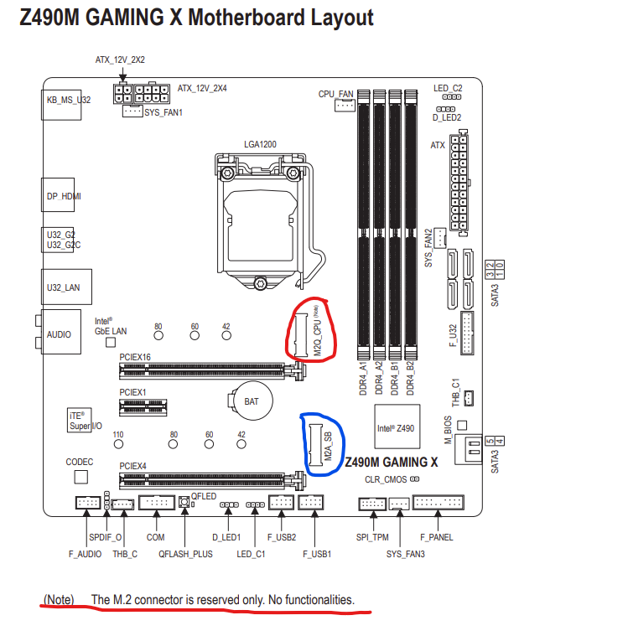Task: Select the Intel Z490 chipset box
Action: click(397, 427)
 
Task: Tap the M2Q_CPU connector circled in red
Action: click(301, 335)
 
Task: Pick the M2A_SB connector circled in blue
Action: click(315, 445)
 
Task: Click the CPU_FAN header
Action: click(345, 106)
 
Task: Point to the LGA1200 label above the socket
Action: click(260, 144)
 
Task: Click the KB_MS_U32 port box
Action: click(61, 105)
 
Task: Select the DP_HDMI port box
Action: click(58, 194)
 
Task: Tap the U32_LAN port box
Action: click(66, 287)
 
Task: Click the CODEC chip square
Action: click(81, 477)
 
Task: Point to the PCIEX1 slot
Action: click(143, 407)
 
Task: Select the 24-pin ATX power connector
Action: click(459, 183)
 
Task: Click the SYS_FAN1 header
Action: click(132, 111)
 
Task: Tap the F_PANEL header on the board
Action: click(438, 503)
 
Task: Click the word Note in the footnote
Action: click(59, 599)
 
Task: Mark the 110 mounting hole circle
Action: click(118, 444)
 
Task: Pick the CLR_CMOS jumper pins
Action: click(414, 479)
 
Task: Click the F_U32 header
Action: click(467, 333)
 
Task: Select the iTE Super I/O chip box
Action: click(79, 420)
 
